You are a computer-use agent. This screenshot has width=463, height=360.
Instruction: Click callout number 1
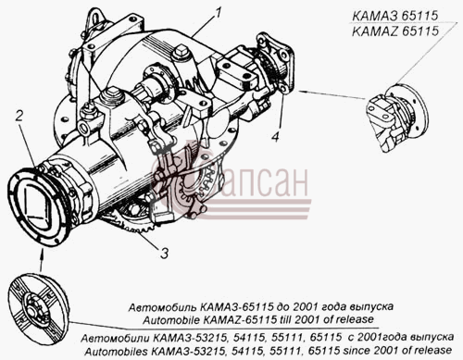tap(219, 13)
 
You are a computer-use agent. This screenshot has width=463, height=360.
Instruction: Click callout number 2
tap(19, 116)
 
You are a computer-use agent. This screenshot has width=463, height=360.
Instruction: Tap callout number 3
tap(164, 253)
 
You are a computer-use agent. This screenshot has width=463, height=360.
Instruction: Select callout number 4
tap(275, 137)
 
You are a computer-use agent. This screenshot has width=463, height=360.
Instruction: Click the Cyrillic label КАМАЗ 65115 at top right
tap(395, 16)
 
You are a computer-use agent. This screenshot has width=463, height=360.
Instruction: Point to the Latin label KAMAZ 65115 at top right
tap(395, 31)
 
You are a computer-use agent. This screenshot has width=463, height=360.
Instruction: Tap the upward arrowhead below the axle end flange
tap(42, 254)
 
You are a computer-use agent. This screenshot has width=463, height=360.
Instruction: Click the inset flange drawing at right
tap(397, 118)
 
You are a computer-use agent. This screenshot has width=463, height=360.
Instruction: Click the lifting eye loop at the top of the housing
tap(94, 19)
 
